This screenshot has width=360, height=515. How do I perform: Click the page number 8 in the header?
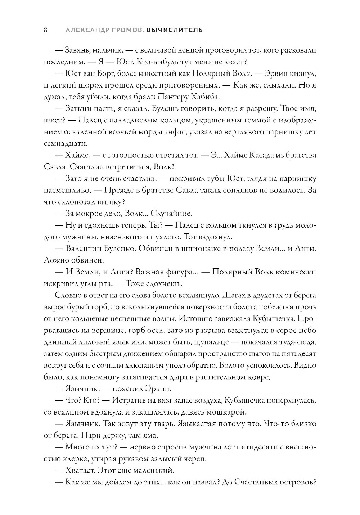click(x=46, y=30)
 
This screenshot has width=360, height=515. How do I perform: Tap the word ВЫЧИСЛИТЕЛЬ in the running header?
click(x=175, y=30)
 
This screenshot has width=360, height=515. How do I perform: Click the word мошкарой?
click(x=217, y=412)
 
